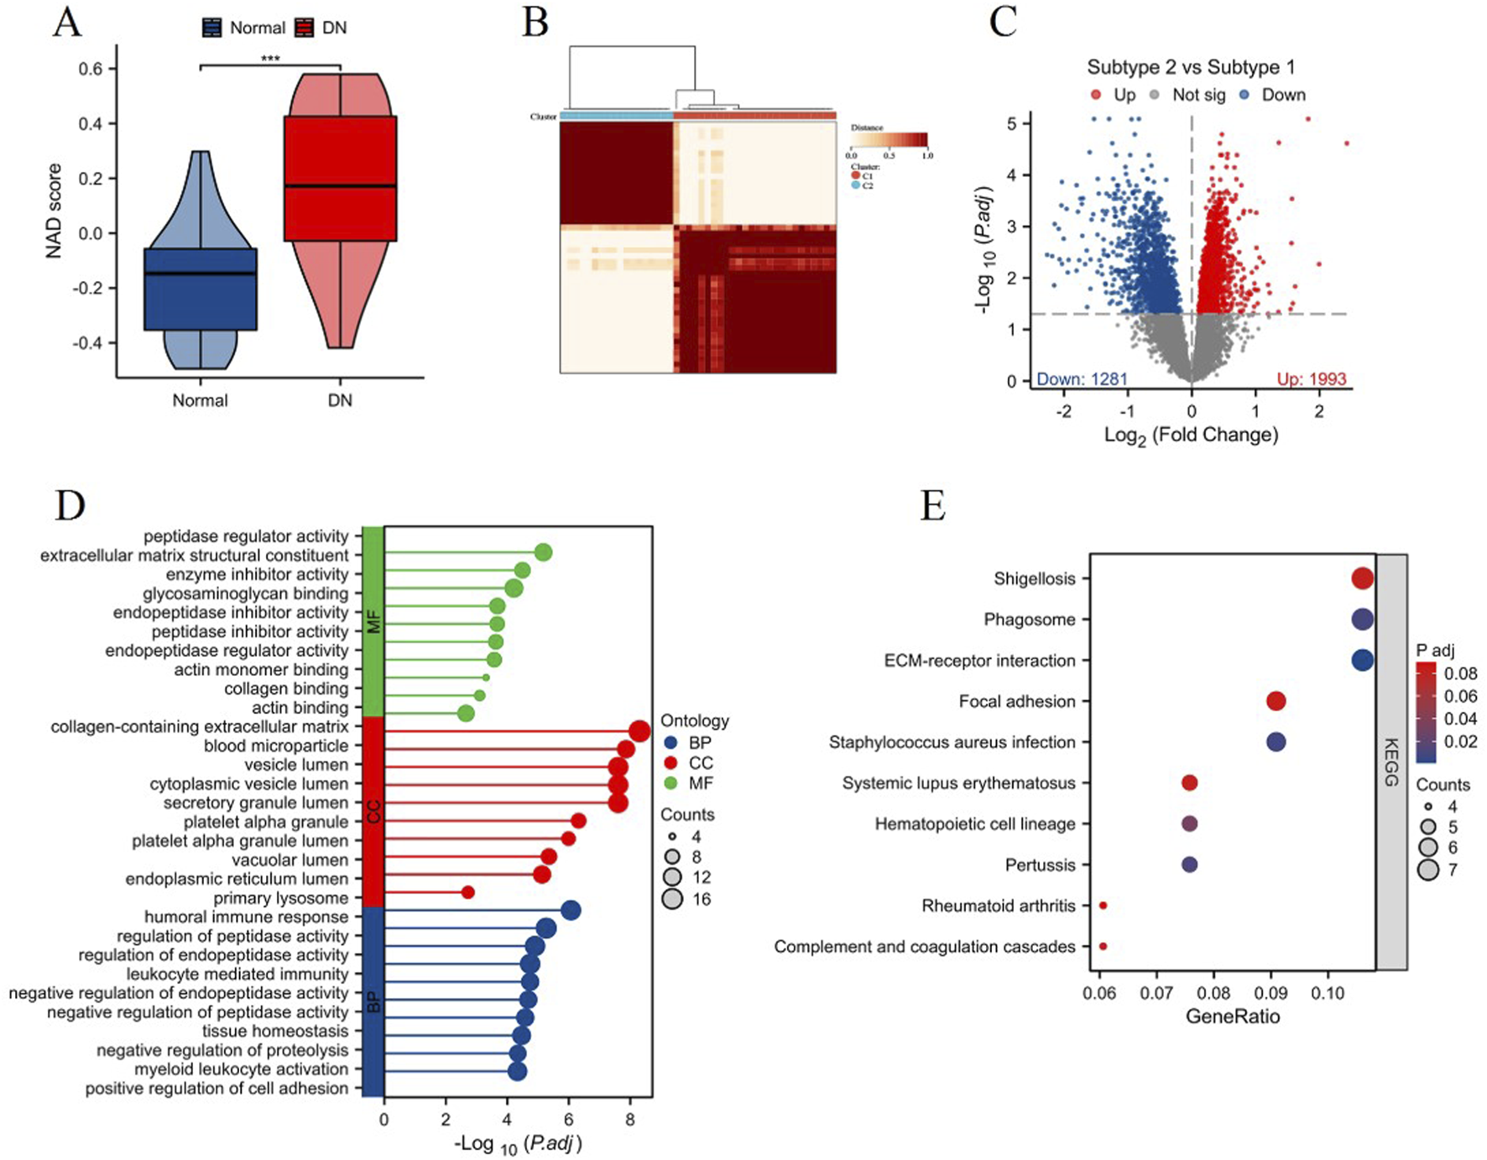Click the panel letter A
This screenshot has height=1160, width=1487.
(67, 23)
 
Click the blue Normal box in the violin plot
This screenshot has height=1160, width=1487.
(201, 289)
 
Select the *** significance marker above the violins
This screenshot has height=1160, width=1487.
(270, 59)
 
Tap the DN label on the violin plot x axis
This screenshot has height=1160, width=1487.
(340, 400)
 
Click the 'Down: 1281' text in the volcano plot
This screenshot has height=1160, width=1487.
(1082, 379)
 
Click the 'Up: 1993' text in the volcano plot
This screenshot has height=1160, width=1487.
(1311, 379)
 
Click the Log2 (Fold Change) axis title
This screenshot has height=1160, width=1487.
(1191, 435)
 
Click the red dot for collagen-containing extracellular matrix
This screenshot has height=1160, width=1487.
(639, 731)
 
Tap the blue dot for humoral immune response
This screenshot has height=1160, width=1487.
(571, 911)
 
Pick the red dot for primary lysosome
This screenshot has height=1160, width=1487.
(467, 892)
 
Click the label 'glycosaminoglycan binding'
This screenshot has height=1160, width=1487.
(245, 593)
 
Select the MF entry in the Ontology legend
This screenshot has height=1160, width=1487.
(700, 783)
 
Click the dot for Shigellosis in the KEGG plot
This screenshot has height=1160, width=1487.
(1362, 578)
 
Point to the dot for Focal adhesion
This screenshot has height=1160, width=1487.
(1276, 701)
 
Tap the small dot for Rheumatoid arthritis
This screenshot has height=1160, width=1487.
(1103, 906)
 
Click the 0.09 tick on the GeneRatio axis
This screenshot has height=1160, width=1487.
(1270, 994)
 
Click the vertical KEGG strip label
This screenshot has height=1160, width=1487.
(1390, 762)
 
